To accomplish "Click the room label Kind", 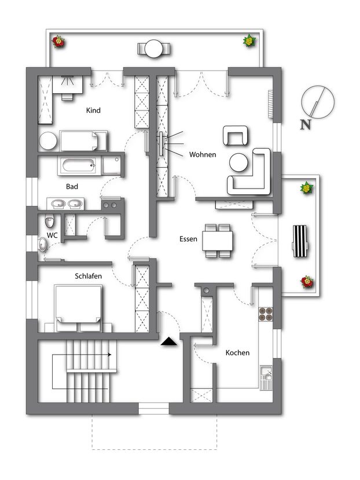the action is (93, 110).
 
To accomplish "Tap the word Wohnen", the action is (203, 154).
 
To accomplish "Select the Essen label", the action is (188, 239).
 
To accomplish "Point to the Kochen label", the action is (237, 353).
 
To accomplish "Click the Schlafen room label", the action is (88, 276).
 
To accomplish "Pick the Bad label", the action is (72, 186).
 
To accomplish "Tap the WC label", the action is (52, 235).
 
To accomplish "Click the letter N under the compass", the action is (305, 124).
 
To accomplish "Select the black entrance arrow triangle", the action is (169, 341).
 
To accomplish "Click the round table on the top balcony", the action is (153, 49).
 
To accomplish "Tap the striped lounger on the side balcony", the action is (300, 241).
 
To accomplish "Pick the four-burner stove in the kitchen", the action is (266, 314).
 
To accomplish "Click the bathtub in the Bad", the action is (79, 166).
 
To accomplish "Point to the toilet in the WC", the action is (50, 221).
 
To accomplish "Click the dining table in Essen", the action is (218, 241).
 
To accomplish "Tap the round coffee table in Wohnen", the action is (238, 163).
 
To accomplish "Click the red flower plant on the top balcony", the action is (58, 42).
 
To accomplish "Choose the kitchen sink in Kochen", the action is (266, 378).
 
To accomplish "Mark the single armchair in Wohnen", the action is (236, 135).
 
